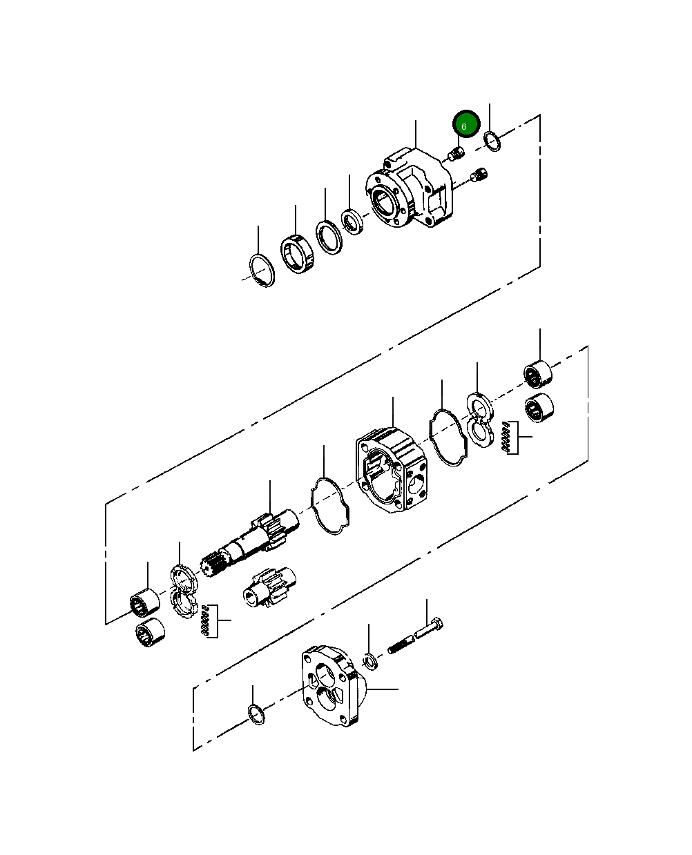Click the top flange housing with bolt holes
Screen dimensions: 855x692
click(412, 190)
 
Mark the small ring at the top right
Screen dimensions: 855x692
click(492, 141)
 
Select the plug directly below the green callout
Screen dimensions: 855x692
click(454, 155)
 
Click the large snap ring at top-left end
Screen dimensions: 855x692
click(262, 271)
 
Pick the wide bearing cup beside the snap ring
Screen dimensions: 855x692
click(298, 253)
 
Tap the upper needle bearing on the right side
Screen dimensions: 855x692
click(539, 374)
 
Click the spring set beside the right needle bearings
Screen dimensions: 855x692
click(510, 437)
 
